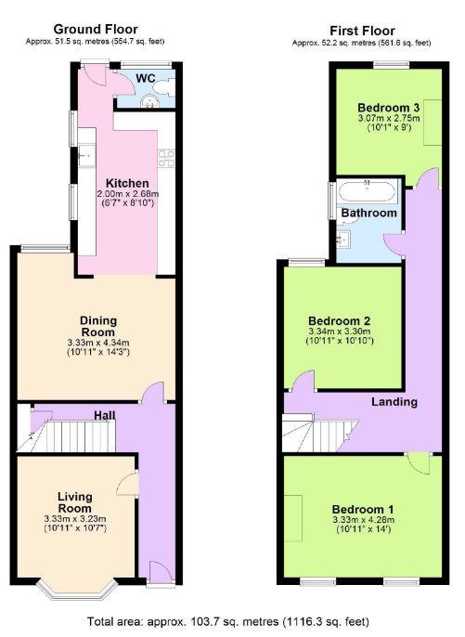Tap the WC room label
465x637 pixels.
coord(147,77)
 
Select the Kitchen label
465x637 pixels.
coord(125,182)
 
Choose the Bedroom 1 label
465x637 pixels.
coord(364,510)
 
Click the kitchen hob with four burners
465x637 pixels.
coord(170,157)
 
